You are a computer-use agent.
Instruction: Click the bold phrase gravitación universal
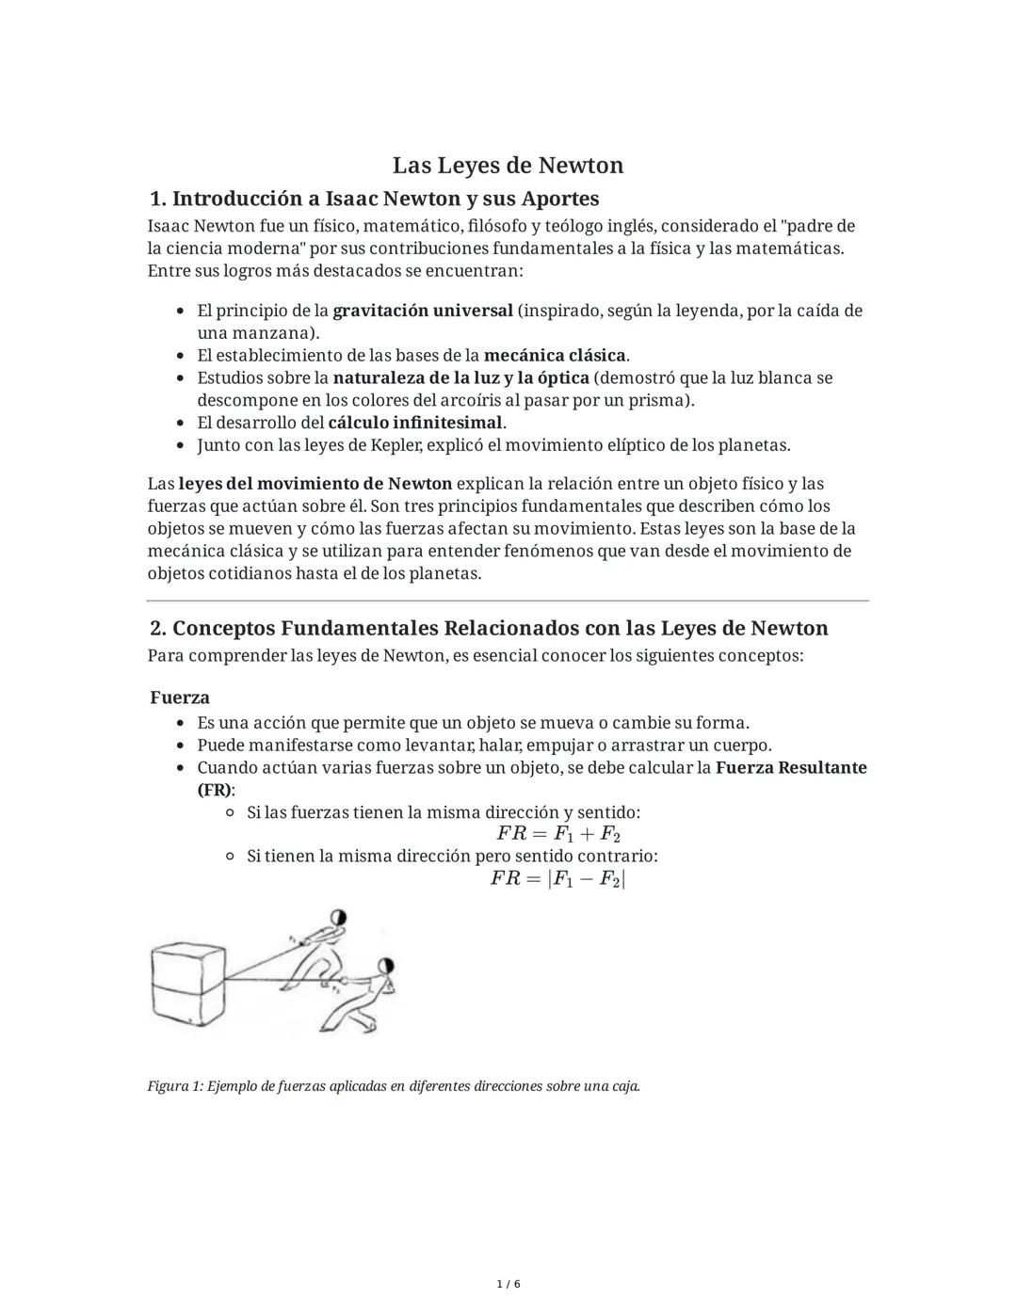point(423,311)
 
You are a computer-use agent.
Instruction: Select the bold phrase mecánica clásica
point(555,356)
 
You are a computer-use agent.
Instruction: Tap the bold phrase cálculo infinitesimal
point(415,423)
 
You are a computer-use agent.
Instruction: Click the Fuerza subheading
point(180,698)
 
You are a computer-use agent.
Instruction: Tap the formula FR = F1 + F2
point(558,834)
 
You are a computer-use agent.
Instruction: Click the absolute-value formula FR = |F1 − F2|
point(558,879)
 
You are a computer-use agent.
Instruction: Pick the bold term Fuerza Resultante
point(791,767)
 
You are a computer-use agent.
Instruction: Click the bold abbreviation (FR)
point(215,790)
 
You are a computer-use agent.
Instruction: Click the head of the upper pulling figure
point(338,919)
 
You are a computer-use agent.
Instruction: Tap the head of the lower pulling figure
point(384,966)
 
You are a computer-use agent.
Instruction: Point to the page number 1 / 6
point(508,1284)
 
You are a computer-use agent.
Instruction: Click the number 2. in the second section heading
point(158,629)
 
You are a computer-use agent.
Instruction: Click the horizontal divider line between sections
point(508,601)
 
